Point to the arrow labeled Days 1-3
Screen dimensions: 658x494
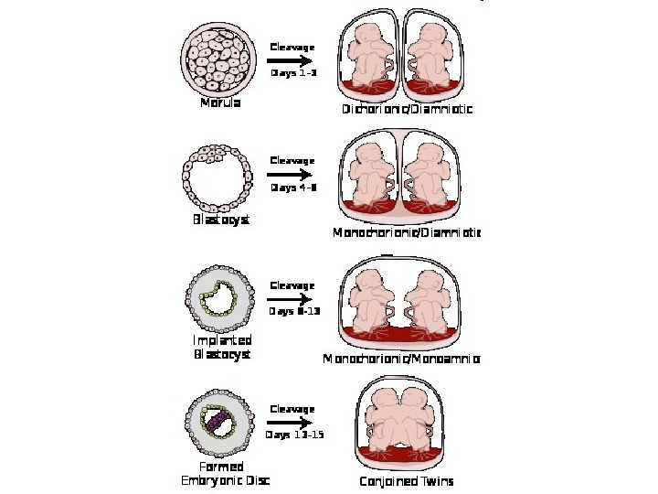tap(292, 59)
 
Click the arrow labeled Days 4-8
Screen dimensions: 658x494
tap(292, 174)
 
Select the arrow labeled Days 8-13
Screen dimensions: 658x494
tap(292, 298)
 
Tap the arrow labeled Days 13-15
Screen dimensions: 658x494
tap(292, 422)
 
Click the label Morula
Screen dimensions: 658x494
tap(220, 103)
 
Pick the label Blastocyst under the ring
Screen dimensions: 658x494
tap(220, 220)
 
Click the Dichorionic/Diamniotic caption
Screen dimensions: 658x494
tap(408, 110)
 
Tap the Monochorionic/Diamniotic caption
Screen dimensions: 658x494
tap(407, 233)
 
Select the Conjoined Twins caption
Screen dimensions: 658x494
tap(407, 481)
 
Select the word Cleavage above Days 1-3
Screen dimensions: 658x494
tap(292, 47)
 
